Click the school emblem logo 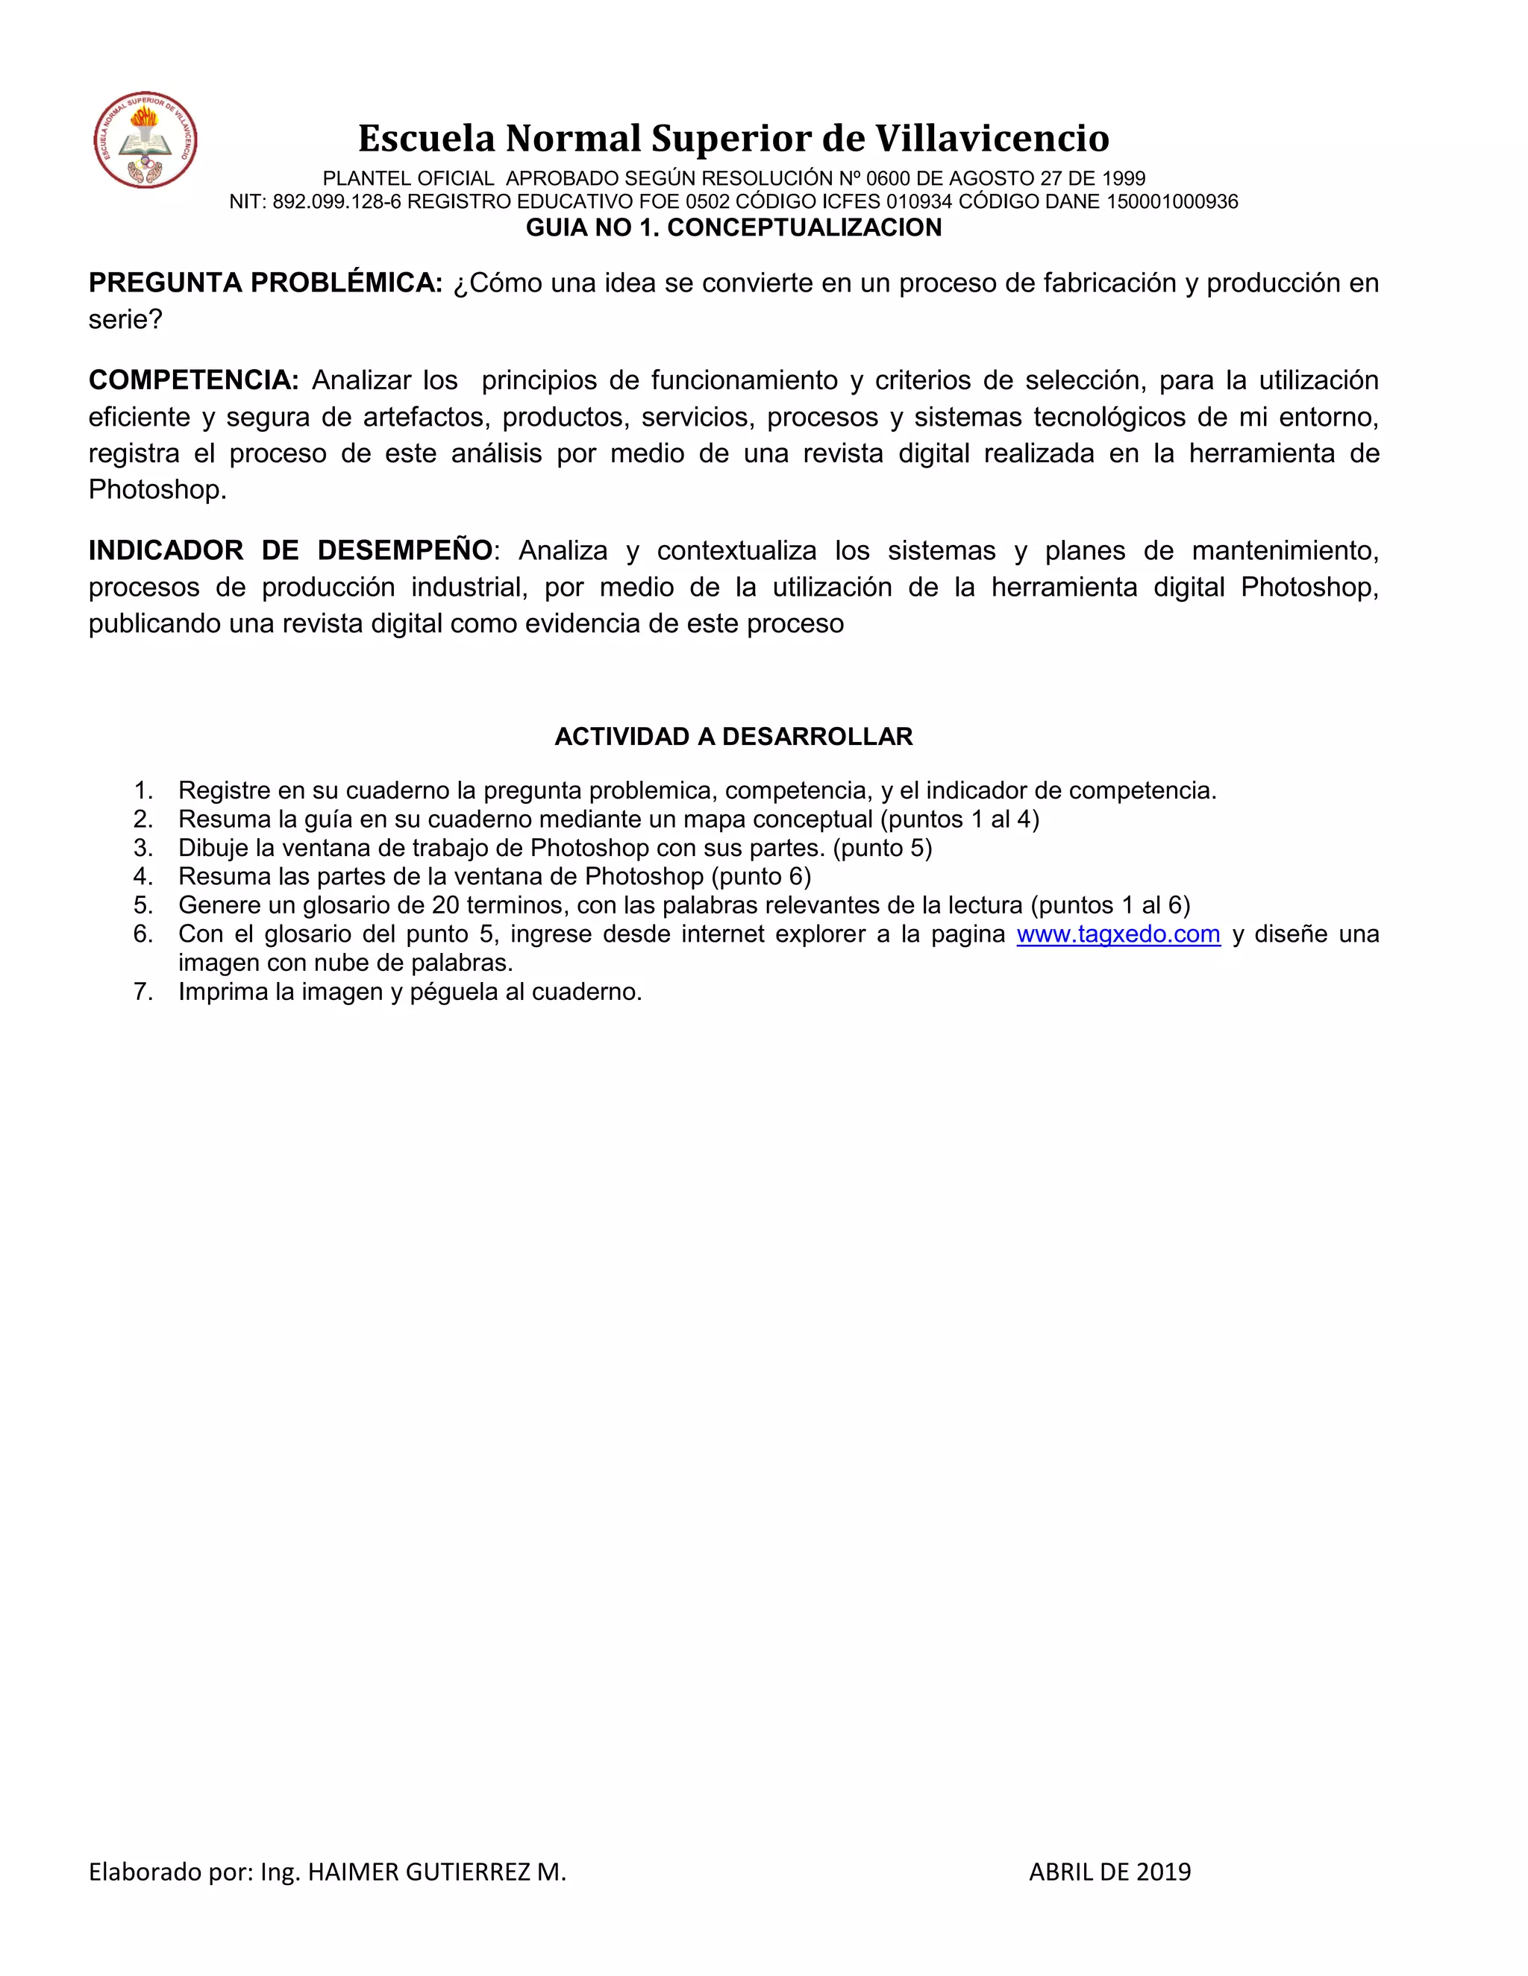click(145, 140)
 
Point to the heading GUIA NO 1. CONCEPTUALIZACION click(733, 228)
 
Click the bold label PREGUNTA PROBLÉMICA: click(265, 283)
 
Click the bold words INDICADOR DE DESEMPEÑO click(290, 550)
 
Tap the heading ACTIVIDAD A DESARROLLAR click(733, 737)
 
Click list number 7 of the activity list click(143, 992)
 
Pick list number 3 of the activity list click(143, 848)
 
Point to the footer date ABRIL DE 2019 click(1109, 1871)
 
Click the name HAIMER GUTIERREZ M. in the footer click(436, 1871)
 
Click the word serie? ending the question click(125, 319)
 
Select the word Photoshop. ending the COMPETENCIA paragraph click(157, 489)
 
